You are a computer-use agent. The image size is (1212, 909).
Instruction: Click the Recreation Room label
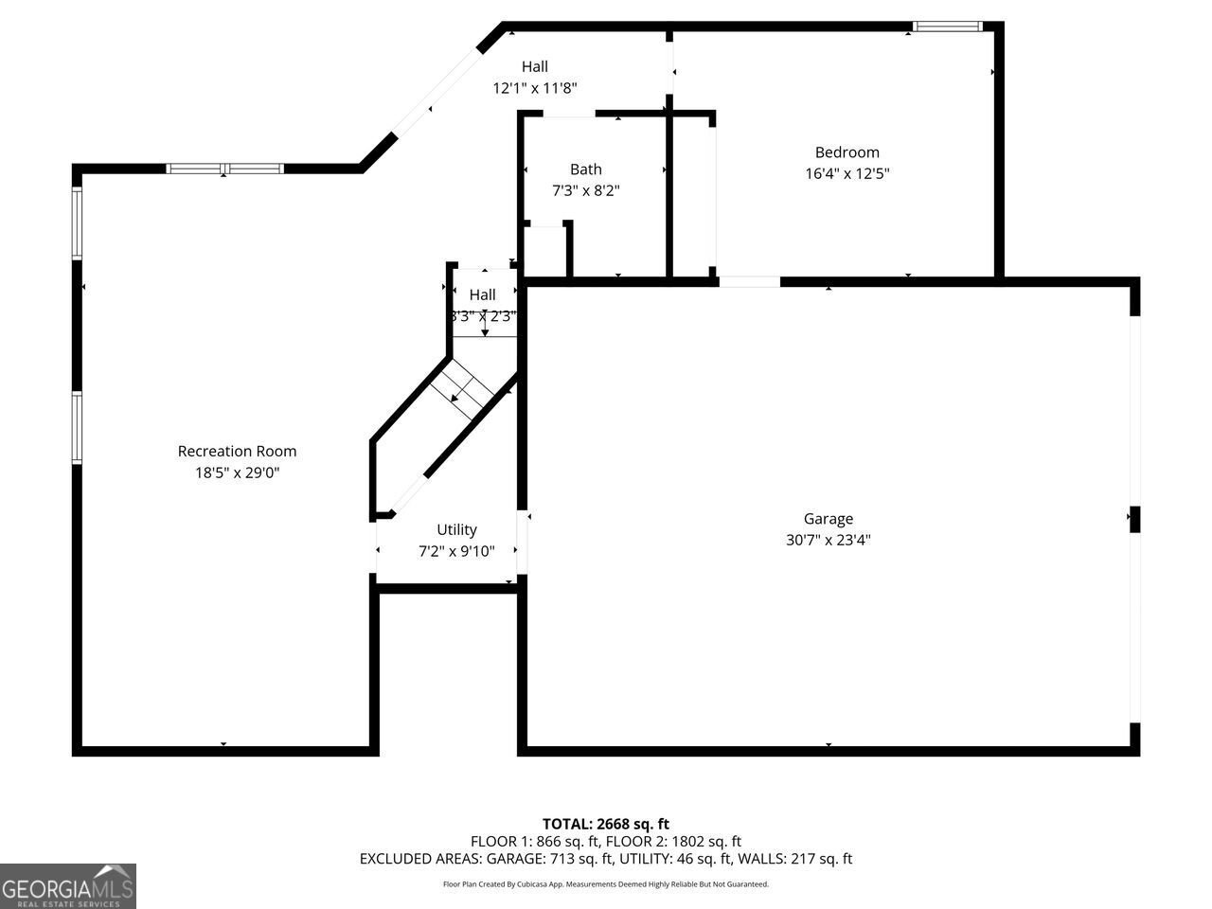click(x=237, y=451)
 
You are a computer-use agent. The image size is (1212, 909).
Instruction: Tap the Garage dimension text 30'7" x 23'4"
click(x=828, y=541)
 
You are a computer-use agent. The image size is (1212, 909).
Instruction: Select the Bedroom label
click(x=847, y=151)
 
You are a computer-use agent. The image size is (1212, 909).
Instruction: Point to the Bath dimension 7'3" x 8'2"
click(x=585, y=190)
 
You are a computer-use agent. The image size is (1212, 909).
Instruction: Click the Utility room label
click(x=456, y=529)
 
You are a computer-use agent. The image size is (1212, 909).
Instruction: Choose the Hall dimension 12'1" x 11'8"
click(x=534, y=88)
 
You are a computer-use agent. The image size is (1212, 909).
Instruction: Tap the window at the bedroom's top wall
click(x=947, y=27)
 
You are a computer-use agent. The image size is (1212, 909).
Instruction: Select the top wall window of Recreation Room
click(x=224, y=169)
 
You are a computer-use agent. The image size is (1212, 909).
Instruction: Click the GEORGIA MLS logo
click(x=67, y=886)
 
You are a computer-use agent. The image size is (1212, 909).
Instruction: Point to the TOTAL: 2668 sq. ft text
click(x=605, y=824)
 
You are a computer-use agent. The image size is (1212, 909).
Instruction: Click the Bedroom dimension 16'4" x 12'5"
click(x=847, y=173)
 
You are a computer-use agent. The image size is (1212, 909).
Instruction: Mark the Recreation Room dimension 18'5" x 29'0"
click(x=237, y=472)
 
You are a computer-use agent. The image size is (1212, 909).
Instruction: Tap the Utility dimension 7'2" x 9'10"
click(x=456, y=551)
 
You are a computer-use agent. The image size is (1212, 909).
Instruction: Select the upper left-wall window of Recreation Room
click(x=78, y=223)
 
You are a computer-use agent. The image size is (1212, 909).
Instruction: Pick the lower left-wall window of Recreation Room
click(x=78, y=428)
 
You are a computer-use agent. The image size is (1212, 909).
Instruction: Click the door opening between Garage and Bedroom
click(x=749, y=281)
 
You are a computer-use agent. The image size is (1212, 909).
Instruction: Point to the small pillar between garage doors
click(x=1133, y=519)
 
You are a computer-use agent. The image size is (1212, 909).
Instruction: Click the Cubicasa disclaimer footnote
click(x=605, y=884)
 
